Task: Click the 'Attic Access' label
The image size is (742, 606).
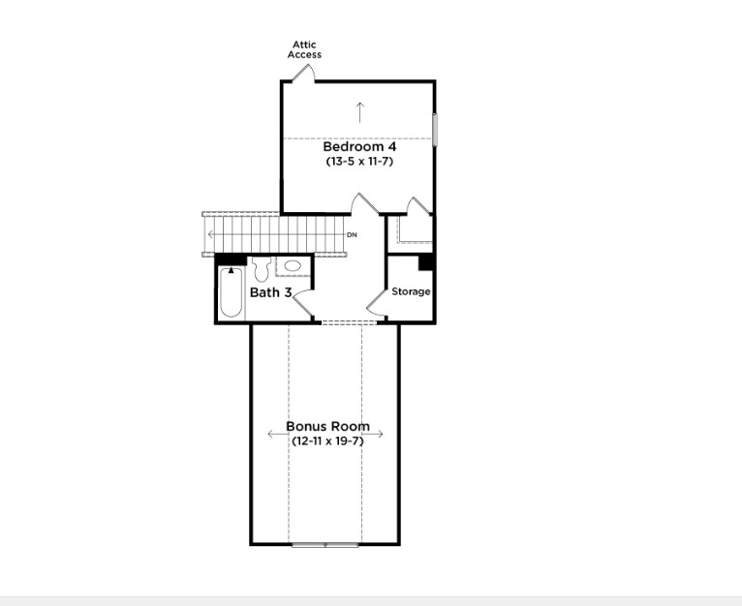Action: pyautogui.click(x=304, y=49)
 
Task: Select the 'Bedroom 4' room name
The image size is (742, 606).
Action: pyautogui.click(x=359, y=147)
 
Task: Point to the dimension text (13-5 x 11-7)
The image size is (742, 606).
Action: pyautogui.click(x=359, y=162)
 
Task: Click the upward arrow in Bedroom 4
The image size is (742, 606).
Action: pyautogui.click(x=359, y=110)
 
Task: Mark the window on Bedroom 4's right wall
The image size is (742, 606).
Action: pyautogui.click(x=435, y=130)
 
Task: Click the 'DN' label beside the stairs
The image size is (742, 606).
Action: pyautogui.click(x=352, y=235)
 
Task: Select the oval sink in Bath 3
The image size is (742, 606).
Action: pyautogui.click(x=292, y=265)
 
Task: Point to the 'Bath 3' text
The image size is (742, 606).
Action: pyautogui.click(x=271, y=292)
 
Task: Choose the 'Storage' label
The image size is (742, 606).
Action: pyautogui.click(x=411, y=291)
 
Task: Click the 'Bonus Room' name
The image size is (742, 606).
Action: pyautogui.click(x=327, y=426)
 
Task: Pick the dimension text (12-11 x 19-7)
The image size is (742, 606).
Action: pyautogui.click(x=327, y=440)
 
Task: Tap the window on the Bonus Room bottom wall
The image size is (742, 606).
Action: pyautogui.click(x=325, y=545)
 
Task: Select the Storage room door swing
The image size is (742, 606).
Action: pyautogui.click(x=415, y=207)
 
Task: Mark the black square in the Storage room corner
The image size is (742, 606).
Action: pyautogui.click(x=425, y=262)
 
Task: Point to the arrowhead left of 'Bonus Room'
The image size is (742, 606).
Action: pyautogui.click(x=271, y=435)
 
